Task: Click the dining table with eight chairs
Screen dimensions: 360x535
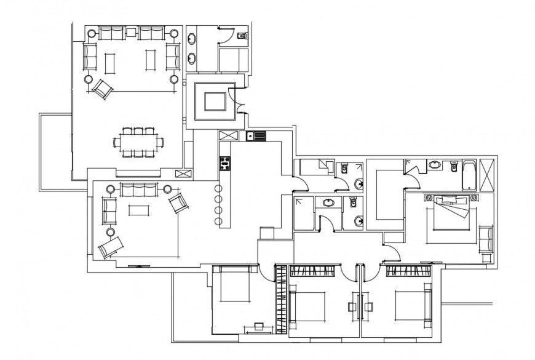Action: coord(139,142)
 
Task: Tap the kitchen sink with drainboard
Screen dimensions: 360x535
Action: coord(255,136)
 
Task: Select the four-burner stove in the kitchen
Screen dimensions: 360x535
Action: coord(224,163)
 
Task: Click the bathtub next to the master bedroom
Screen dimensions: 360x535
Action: coord(469,175)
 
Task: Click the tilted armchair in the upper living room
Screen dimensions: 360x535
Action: coord(103,89)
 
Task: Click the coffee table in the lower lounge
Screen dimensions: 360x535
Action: coord(138,210)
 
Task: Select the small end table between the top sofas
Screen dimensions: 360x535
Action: coord(131,32)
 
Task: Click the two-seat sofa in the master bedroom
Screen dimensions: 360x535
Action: coord(486,238)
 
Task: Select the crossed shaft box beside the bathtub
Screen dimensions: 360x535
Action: coord(489,175)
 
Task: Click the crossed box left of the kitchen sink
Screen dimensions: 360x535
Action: coord(228,136)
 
